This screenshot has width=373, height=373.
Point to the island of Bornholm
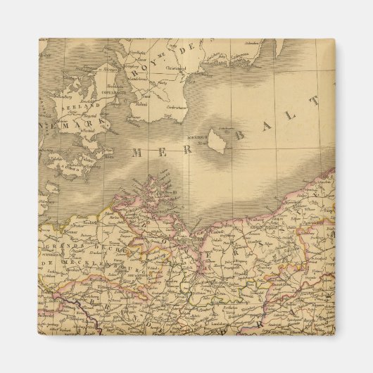[x=216, y=140]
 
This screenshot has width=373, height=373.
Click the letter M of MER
[x=137, y=152]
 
